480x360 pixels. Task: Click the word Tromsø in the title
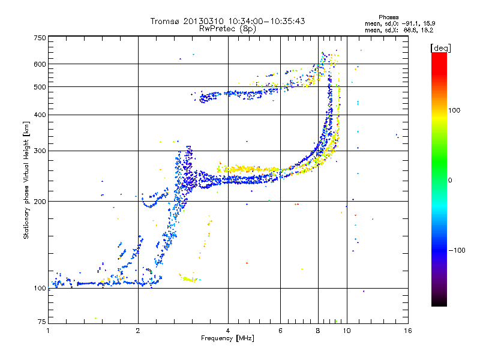point(164,22)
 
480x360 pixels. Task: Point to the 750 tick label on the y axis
point(40,38)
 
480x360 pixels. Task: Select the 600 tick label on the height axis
point(40,64)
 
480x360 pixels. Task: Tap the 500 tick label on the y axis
point(40,87)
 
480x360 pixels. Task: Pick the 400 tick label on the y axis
point(40,115)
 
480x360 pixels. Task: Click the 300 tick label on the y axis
point(40,151)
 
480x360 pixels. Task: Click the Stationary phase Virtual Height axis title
point(26,180)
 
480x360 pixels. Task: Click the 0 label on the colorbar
point(451,180)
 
